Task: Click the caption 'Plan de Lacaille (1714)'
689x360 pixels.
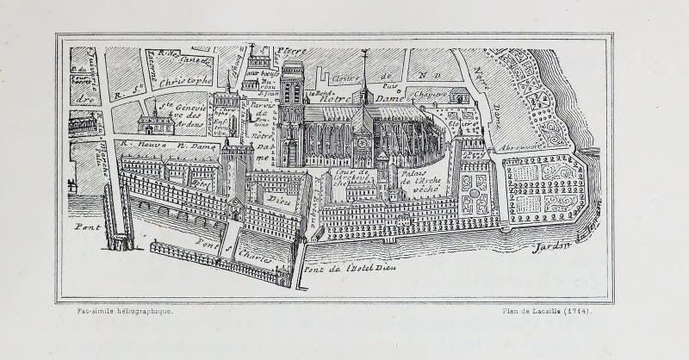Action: pyautogui.click(x=547, y=311)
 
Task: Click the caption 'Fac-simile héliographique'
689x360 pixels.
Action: pyautogui.click(x=124, y=311)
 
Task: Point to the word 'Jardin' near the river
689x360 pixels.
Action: pyautogui.click(x=551, y=247)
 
